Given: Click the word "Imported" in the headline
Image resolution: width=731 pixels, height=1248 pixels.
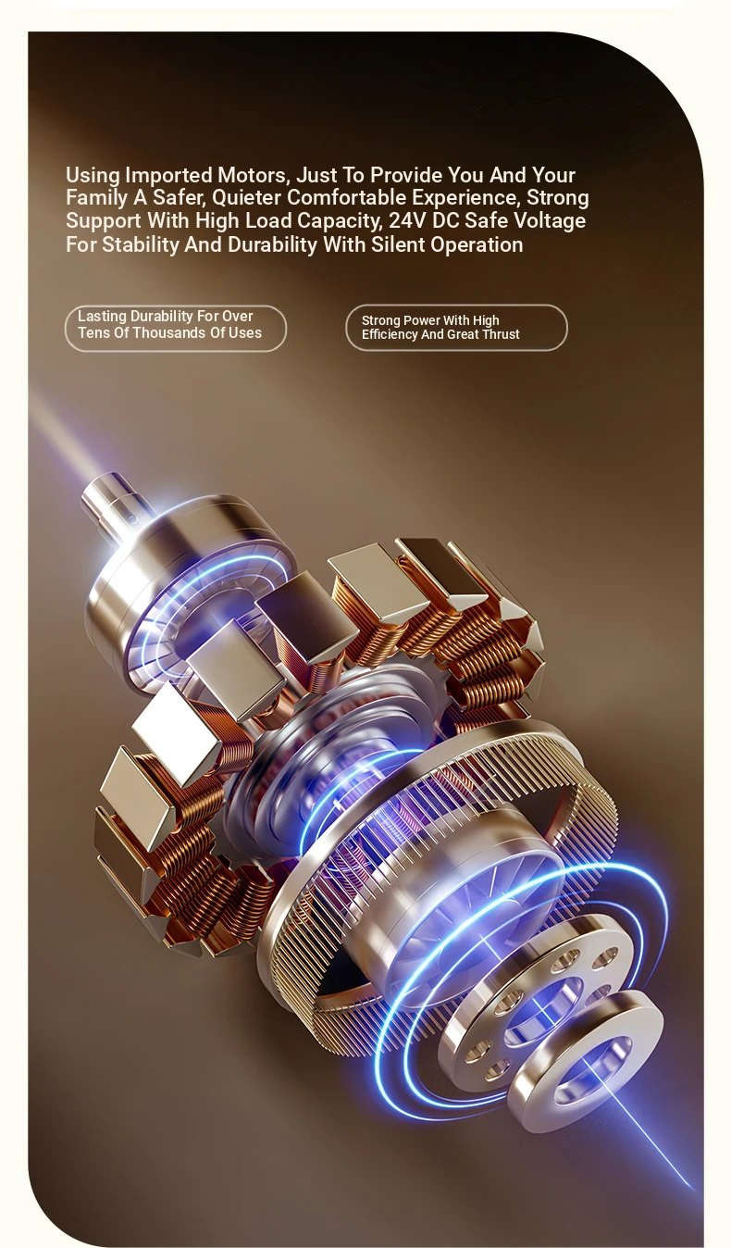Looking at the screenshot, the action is click(168, 176).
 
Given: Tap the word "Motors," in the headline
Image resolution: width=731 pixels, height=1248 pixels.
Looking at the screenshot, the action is click(254, 175).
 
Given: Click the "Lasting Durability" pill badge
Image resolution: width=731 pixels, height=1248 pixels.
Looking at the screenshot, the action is click(176, 328).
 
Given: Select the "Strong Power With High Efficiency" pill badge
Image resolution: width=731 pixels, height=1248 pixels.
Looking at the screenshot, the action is click(456, 328).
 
